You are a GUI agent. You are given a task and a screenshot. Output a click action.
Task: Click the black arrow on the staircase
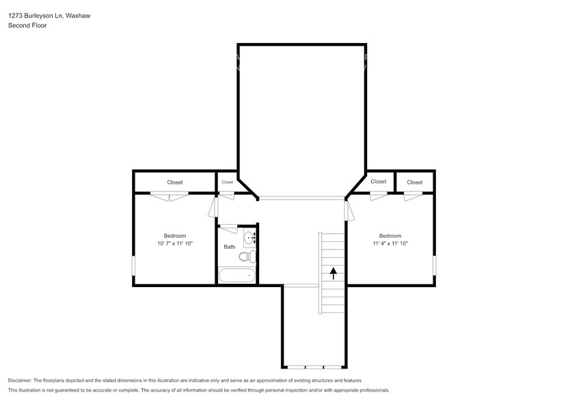pyautogui.click(x=334, y=273)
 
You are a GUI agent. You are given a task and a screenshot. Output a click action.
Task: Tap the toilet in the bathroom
pyautogui.click(x=246, y=257)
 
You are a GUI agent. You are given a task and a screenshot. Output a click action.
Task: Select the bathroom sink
pyautogui.click(x=250, y=238)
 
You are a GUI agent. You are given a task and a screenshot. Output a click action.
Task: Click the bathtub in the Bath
pyautogui.click(x=236, y=276)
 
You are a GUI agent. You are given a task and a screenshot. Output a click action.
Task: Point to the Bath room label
pyautogui.click(x=229, y=247)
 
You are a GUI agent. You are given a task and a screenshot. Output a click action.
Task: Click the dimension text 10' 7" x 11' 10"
pyautogui.click(x=170, y=243)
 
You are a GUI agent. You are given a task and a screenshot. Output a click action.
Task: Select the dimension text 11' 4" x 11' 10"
pyautogui.click(x=390, y=243)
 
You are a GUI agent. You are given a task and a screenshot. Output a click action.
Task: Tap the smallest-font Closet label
pyautogui.click(x=227, y=182)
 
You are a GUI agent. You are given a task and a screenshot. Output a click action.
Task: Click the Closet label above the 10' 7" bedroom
pyautogui.click(x=175, y=183)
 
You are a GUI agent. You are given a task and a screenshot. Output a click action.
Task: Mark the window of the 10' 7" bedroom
pyautogui.click(x=134, y=265)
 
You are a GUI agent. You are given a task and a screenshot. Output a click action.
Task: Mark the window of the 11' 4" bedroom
pyautogui.click(x=434, y=265)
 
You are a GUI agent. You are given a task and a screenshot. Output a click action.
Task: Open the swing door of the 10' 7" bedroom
pyautogui.click(x=213, y=207)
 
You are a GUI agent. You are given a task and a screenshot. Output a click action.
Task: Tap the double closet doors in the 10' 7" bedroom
pyautogui.click(x=170, y=197)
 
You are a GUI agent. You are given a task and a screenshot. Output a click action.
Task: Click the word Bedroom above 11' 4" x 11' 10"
pyautogui.click(x=390, y=235)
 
